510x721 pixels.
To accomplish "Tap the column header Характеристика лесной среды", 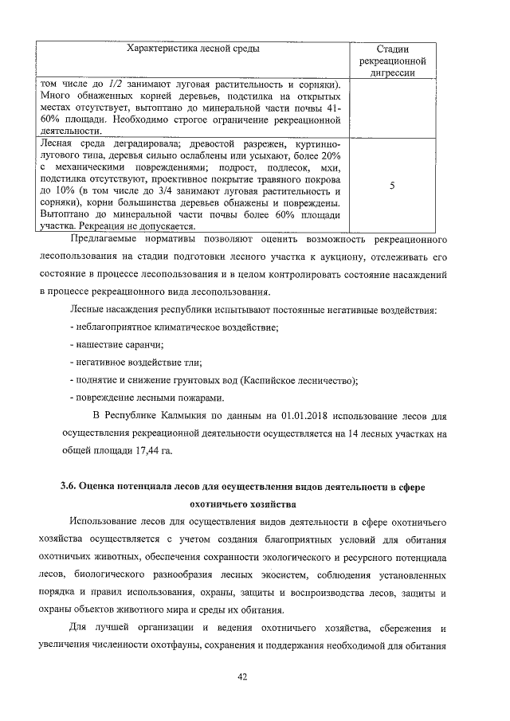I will [193, 49].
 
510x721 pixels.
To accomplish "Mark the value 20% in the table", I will [331, 155].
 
